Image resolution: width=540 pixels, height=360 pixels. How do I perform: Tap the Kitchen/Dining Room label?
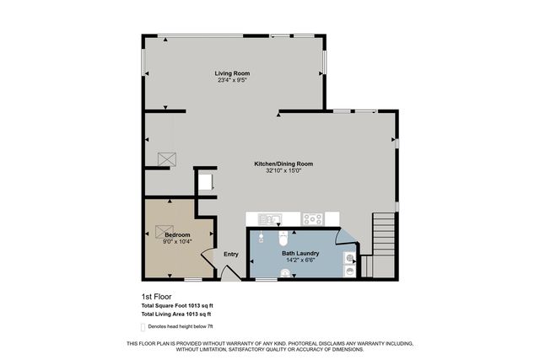click(x=283, y=164)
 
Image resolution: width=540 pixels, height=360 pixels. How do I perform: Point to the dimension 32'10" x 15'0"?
click(x=283, y=170)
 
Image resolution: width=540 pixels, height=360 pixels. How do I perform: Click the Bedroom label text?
click(x=177, y=234)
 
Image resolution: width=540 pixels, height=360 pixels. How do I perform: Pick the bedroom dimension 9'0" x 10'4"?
click(x=177, y=241)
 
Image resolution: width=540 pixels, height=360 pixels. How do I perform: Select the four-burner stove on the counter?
click(x=313, y=218)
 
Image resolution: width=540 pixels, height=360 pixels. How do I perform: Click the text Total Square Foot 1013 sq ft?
click(x=176, y=305)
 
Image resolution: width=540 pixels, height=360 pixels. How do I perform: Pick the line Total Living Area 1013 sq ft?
click(x=176, y=314)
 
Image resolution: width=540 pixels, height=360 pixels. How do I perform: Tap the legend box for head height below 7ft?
click(x=142, y=325)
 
